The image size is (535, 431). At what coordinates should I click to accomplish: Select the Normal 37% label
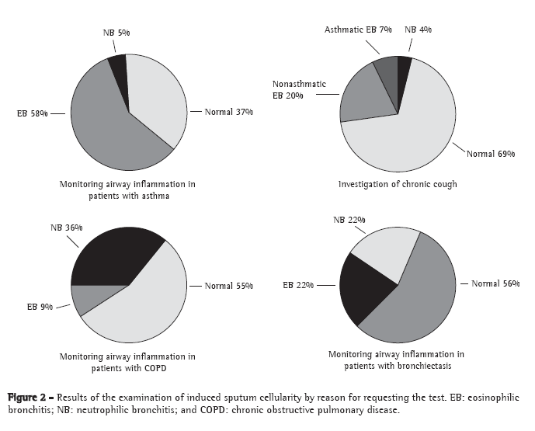coord(230,112)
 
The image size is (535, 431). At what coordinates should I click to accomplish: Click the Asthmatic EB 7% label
coord(358,30)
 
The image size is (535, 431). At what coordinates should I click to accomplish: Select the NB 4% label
coord(419,30)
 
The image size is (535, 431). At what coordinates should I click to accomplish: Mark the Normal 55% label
coord(230,286)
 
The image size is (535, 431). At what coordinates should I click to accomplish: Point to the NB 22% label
coord(349,221)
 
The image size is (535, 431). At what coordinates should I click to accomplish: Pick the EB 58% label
coord(33,113)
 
